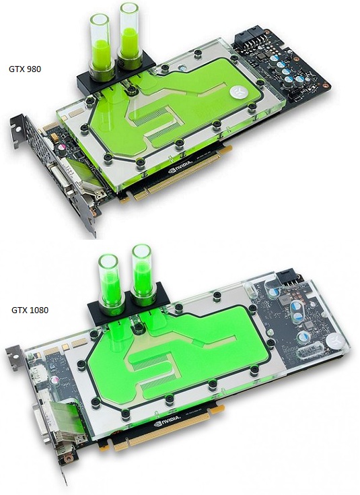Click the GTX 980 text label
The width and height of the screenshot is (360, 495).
(25, 69)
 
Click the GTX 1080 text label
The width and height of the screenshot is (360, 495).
(30, 310)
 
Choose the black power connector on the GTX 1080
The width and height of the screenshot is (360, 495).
(289, 277)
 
